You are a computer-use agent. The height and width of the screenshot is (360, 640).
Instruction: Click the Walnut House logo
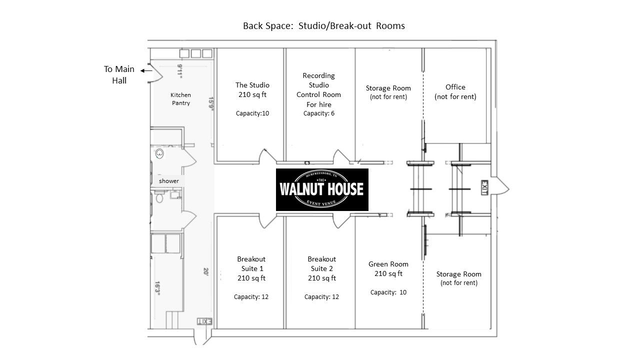322,189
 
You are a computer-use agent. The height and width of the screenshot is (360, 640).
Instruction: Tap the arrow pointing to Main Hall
146,71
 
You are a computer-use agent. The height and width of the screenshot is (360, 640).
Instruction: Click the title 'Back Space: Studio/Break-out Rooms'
323,25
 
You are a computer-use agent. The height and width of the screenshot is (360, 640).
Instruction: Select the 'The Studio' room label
252,85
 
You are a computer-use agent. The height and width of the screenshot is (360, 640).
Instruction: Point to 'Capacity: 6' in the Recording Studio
318,113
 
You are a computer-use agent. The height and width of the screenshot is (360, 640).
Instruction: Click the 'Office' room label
455,87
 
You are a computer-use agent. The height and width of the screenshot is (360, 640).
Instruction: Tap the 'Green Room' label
388,264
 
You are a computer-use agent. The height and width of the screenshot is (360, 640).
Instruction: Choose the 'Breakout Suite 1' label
251,264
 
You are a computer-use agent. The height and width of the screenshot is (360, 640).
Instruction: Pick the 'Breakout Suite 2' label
321,264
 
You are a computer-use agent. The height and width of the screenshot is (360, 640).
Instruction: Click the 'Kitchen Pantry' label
180,99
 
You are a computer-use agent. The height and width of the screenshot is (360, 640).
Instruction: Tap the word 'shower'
168,180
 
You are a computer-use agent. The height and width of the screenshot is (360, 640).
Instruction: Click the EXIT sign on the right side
484,188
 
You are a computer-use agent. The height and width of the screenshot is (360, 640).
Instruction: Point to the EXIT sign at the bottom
205,321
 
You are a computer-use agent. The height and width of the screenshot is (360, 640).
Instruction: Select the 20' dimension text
206,272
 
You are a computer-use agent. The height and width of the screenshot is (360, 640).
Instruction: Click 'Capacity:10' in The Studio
252,113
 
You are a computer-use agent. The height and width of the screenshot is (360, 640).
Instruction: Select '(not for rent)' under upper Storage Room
388,97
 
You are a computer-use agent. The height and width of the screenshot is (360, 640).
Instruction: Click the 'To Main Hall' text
119,74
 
